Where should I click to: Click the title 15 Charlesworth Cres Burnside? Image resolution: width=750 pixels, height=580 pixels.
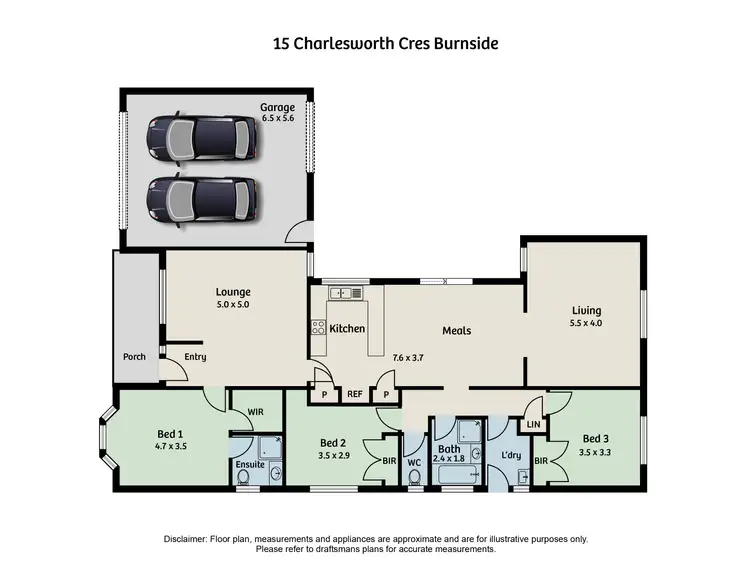385,44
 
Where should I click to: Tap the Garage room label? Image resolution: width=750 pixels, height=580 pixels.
277,107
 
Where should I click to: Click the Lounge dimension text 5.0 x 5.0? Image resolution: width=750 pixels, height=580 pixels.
233,305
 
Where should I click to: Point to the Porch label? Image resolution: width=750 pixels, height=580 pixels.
134,356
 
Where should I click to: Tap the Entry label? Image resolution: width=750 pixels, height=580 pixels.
195,356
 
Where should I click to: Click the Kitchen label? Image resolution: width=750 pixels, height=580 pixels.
347,329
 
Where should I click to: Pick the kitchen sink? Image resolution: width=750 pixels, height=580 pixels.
345,293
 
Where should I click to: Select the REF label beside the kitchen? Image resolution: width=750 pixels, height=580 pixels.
354,395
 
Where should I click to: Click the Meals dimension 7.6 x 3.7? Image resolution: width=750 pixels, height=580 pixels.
435,357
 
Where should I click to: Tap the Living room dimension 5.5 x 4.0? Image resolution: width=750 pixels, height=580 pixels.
586,323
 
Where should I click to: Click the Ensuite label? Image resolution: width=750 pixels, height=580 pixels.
250,465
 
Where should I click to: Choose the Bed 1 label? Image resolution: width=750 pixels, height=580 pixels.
170,433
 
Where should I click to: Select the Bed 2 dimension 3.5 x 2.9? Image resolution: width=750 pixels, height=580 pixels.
333,456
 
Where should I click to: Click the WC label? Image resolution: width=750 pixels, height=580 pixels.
415,462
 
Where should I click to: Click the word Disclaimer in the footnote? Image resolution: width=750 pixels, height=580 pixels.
187,539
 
